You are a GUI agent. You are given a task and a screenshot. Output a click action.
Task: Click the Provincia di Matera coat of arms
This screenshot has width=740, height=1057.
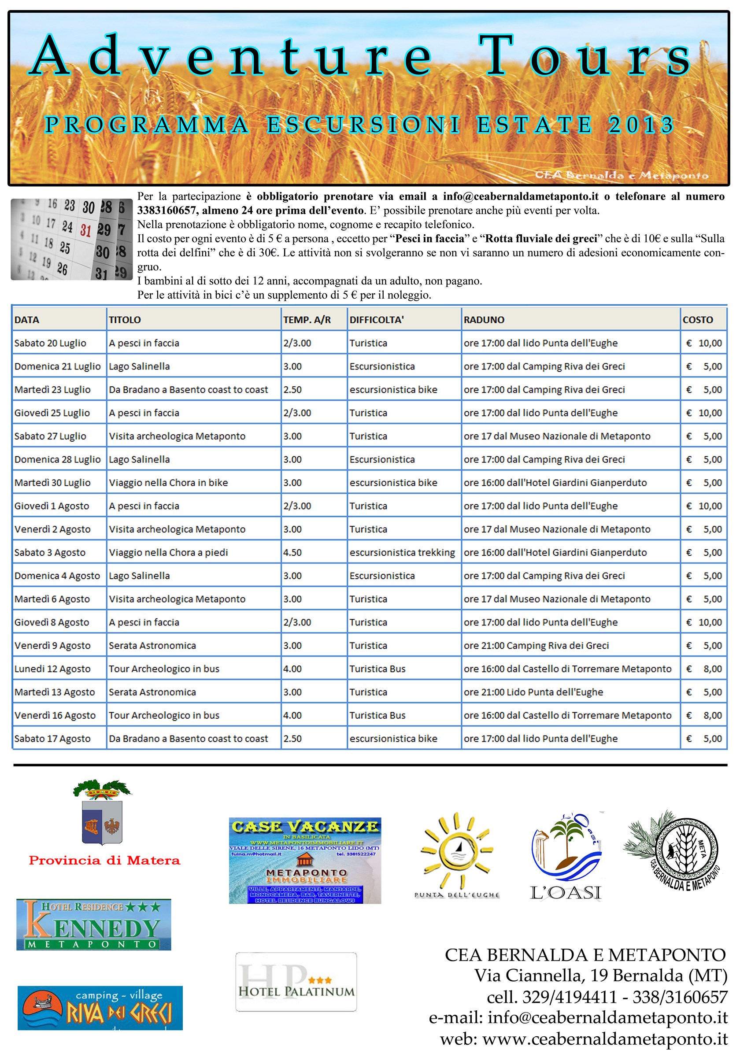[102, 813]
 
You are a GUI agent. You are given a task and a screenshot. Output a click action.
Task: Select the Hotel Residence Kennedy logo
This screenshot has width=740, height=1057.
[93, 924]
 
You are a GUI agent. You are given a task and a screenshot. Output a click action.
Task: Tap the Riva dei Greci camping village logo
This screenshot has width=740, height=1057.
[100, 1008]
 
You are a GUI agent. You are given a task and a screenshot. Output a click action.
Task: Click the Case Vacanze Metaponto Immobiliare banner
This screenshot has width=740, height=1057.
[305, 861]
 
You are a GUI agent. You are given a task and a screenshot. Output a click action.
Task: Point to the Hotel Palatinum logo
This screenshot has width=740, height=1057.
[296, 982]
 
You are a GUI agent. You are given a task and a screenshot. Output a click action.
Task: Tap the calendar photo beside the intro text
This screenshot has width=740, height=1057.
[71, 240]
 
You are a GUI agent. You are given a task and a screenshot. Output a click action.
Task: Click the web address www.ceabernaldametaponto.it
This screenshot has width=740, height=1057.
[605, 1039]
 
